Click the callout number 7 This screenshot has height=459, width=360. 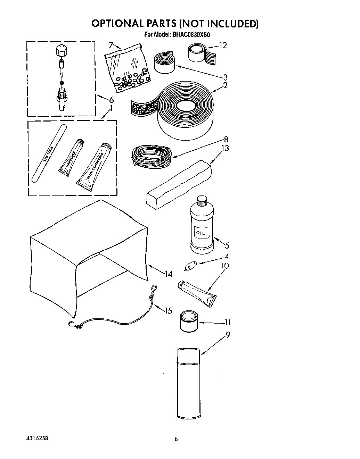(111, 45)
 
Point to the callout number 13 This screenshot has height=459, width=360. (226, 148)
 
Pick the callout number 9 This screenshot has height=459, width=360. (228, 335)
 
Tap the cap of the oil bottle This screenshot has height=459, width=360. (201, 200)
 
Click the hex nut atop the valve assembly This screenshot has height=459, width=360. (61, 51)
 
